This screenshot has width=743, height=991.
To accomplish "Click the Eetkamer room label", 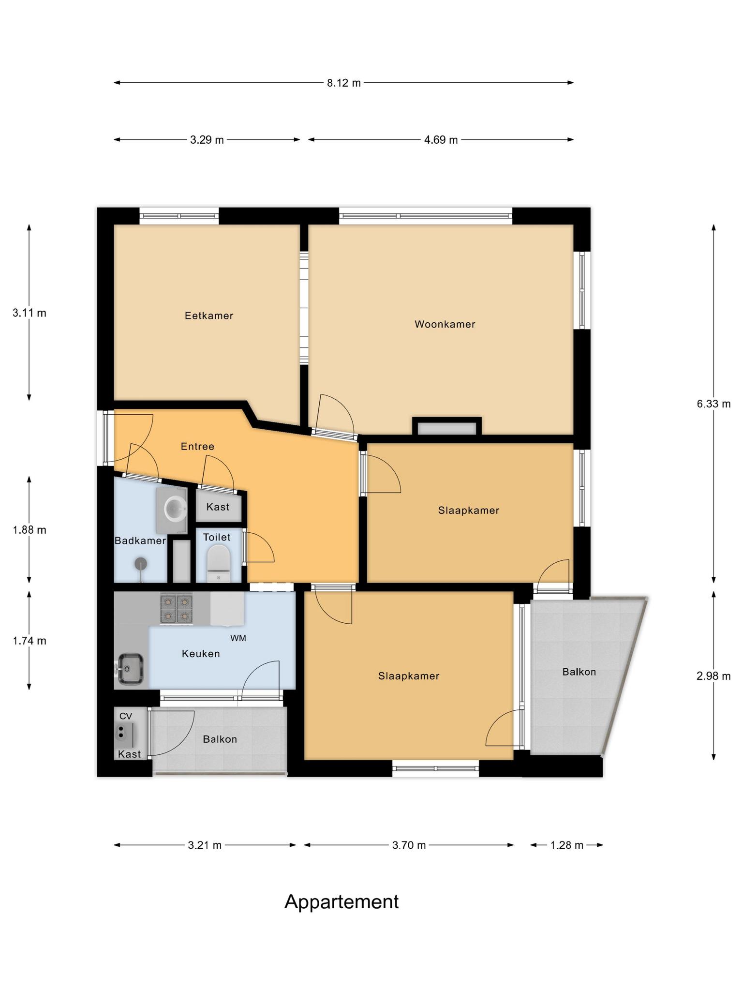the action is pos(209,315).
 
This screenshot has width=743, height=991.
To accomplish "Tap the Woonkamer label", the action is pos(445,324).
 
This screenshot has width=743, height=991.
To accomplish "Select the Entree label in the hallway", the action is pos(197,446).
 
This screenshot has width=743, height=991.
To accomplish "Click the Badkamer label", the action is pos(140,541).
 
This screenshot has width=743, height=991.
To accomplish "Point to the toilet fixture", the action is pos(219,563).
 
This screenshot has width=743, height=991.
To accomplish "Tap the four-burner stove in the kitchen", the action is pos(177,609).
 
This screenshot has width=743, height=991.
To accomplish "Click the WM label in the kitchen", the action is pos(238,638).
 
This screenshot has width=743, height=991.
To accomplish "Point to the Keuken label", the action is pos(201,654).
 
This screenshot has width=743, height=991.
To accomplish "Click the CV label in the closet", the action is pos(126,716).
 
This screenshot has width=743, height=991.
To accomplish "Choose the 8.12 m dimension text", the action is pos(344,83).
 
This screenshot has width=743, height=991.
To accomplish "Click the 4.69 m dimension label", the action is pos(441,140).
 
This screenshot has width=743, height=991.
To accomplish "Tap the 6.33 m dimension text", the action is pos(713,404).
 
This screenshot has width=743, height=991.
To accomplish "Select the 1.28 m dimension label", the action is pos(567,845).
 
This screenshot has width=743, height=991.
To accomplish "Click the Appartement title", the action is pos(342,902).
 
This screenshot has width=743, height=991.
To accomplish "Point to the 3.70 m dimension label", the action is pos(409,845).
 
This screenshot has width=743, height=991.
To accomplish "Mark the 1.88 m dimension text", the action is pos(30,530).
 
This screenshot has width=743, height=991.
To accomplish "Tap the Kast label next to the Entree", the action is pos(218,507).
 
